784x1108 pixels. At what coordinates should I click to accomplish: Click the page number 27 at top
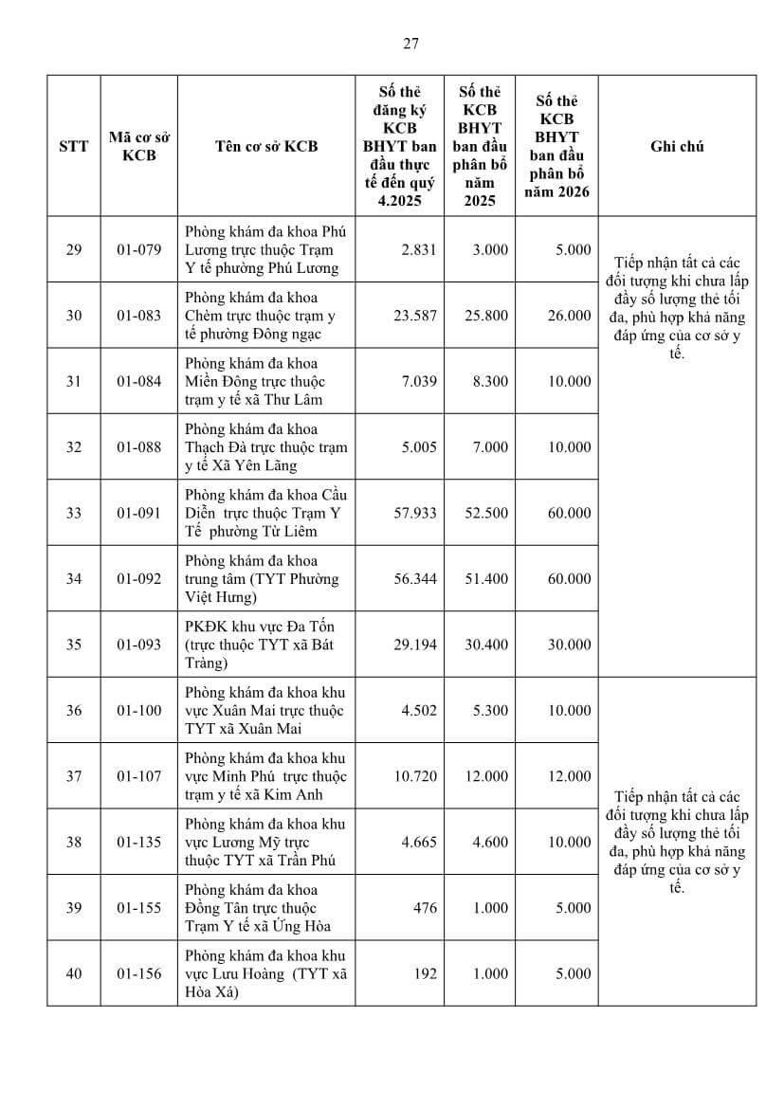[x=410, y=43]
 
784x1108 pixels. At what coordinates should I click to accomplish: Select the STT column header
[x=73, y=146]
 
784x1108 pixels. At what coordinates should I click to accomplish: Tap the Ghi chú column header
[x=677, y=146]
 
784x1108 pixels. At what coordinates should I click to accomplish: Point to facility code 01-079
[x=139, y=249]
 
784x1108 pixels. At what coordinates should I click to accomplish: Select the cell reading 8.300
[x=490, y=381]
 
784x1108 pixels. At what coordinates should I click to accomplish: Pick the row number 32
[x=73, y=447]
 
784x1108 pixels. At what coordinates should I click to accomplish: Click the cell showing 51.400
[x=490, y=578]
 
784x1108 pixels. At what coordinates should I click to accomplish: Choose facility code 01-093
[x=139, y=645]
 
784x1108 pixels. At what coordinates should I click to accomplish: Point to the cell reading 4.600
[x=490, y=842]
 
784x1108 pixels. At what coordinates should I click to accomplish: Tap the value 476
[x=426, y=908]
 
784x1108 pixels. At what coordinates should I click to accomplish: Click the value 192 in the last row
[x=426, y=973]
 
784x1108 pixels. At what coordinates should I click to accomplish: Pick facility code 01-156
[x=139, y=973]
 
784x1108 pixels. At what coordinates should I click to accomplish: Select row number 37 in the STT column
[x=73, y=776]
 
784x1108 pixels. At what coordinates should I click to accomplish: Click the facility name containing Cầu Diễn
[x=265, y=513]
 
